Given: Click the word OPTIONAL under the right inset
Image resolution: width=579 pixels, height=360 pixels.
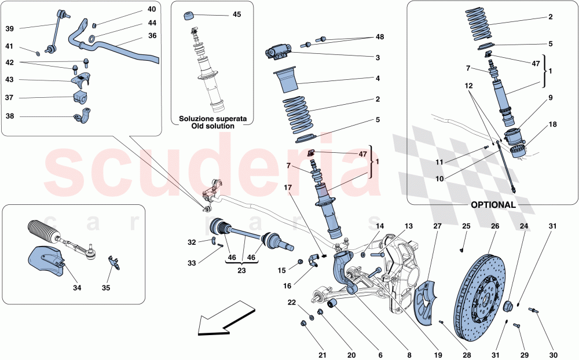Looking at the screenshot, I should [x=493, y=204].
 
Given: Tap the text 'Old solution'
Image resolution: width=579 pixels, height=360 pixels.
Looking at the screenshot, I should [x=212, y=126].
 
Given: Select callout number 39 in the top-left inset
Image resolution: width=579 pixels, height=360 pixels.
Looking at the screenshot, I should [x=10, y=28].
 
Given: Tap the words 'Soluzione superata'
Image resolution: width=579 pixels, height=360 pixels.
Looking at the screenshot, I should [x=212, y=118].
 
